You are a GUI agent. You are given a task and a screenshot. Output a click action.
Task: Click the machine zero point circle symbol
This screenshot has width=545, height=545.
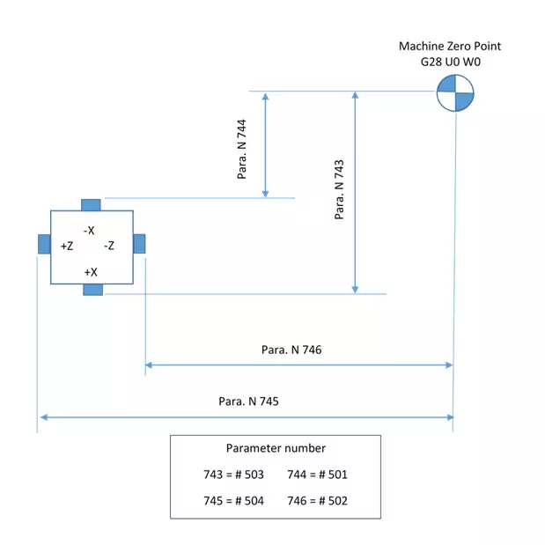(x=455, y=92)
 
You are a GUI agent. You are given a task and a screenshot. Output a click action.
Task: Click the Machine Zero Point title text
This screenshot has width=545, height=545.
(x=450, y=47)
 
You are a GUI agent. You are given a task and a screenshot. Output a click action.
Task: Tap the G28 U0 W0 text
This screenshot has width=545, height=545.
(x=450, y=63)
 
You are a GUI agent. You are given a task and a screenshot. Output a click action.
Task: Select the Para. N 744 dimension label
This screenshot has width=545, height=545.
(x=243, y=149)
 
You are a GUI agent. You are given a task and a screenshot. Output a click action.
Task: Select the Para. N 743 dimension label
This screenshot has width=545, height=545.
(x=339, y=188)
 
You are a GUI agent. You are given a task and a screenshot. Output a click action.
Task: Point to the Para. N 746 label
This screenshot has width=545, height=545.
(x=291, y=350)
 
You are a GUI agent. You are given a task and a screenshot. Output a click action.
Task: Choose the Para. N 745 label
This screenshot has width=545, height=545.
(x=248, y=401)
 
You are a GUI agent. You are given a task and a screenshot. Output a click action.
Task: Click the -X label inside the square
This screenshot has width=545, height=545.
(x=89, y=230)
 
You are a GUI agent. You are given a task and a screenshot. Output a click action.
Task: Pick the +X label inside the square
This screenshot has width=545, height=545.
(x=91, y=272)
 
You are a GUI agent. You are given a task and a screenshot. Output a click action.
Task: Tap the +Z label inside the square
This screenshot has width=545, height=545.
(x=67, y=247)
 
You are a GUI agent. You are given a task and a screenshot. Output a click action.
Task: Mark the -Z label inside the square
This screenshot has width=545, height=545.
(x=109, y=247)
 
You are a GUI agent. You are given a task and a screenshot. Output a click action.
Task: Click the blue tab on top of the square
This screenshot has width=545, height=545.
(x=91, y=205)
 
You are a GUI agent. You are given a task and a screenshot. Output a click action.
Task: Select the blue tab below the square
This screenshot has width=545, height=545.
(x=92, y=290)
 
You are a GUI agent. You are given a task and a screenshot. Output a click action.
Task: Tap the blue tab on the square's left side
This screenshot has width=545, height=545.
(x=43, y=244)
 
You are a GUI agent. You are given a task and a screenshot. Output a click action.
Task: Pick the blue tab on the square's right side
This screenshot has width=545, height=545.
(x=139, y=244)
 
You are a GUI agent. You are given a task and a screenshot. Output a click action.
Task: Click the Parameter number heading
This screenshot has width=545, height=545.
(x=276, y=448)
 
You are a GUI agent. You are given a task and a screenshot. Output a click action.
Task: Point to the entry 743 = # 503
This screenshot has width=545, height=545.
(x=233, y=475)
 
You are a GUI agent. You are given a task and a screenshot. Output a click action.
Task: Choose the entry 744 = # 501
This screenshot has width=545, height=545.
(x=317, y=475)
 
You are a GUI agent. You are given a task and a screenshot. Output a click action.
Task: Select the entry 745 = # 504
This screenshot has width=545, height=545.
(x=233, y=501)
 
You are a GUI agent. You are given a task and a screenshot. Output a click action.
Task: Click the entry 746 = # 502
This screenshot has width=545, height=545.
(x=317, y=501)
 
